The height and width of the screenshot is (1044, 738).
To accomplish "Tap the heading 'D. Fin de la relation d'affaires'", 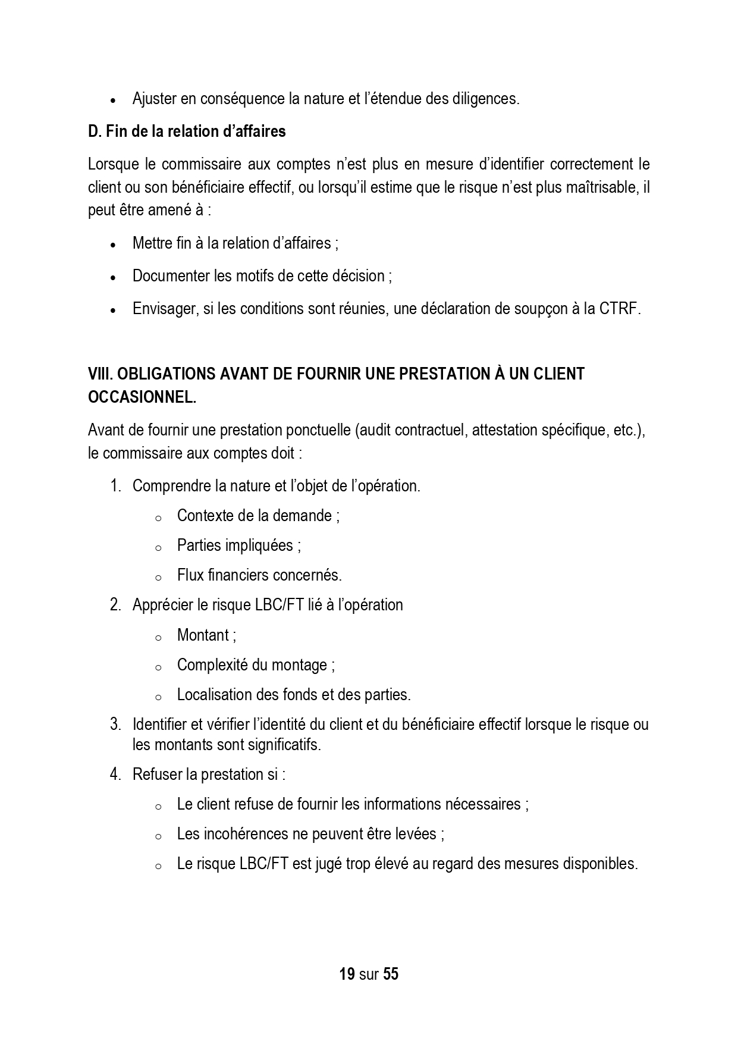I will coord(187,131).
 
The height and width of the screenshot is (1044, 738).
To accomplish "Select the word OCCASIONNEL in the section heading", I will coord(141,397).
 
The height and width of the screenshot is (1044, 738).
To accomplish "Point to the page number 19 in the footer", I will coord(347,974).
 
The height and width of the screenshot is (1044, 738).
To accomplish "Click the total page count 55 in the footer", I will coord(391,974).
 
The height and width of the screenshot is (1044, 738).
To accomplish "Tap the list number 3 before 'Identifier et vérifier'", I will coord(115,725).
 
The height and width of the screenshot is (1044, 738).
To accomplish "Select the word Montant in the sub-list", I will coord(203,635).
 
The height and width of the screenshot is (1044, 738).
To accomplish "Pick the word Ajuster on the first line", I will coord(155,99).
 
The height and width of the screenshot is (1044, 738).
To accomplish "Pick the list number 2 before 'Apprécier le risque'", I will coord(115,605).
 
